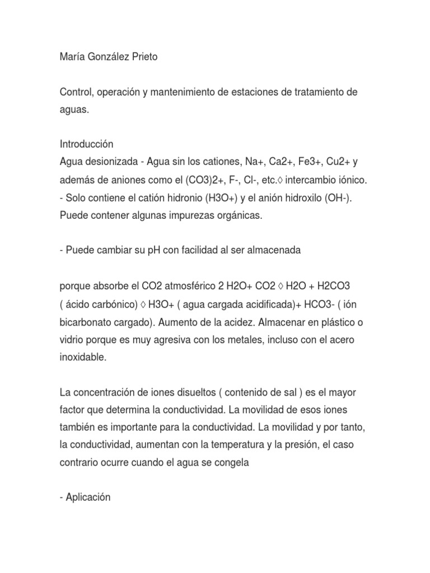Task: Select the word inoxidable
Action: (x=82, y=358)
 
